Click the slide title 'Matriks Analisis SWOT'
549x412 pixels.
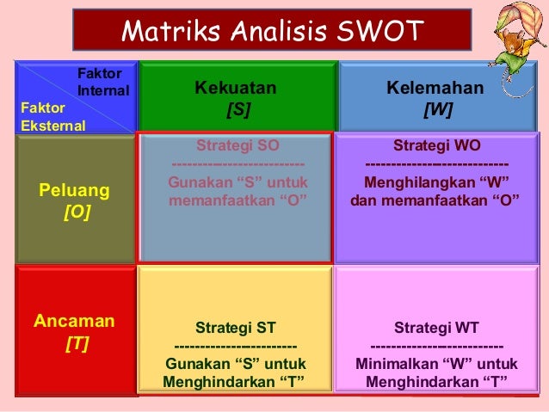tap(272, 31)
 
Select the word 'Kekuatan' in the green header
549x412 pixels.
tap(236, 88)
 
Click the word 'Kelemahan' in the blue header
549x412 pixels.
tap(435, 88)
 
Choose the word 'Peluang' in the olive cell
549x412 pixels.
tap(75, 188)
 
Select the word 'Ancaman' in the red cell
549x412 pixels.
tap(74, 322)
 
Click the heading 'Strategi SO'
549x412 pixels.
tap(237, 145)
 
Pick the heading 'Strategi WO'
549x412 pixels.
tap(436, 145)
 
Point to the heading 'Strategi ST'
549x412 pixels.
tap(235, 328)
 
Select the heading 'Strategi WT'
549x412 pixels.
tap(436, 328)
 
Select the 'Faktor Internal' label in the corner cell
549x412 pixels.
tap(102, 83)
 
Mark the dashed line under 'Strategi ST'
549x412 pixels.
tap(235, 346)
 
